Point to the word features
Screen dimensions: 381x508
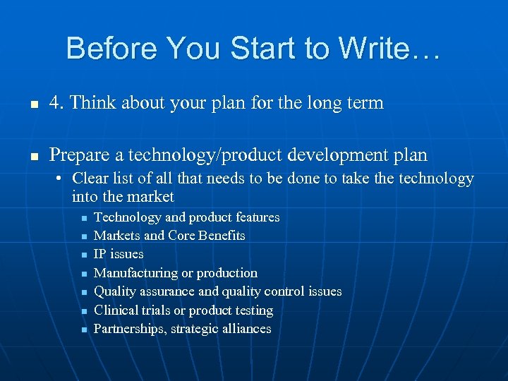(x=254, y=217)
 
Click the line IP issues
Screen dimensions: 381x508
(x=119, y=254)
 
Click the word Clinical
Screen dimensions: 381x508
(x=115, y=310)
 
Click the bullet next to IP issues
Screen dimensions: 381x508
(x=83, y=255)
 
